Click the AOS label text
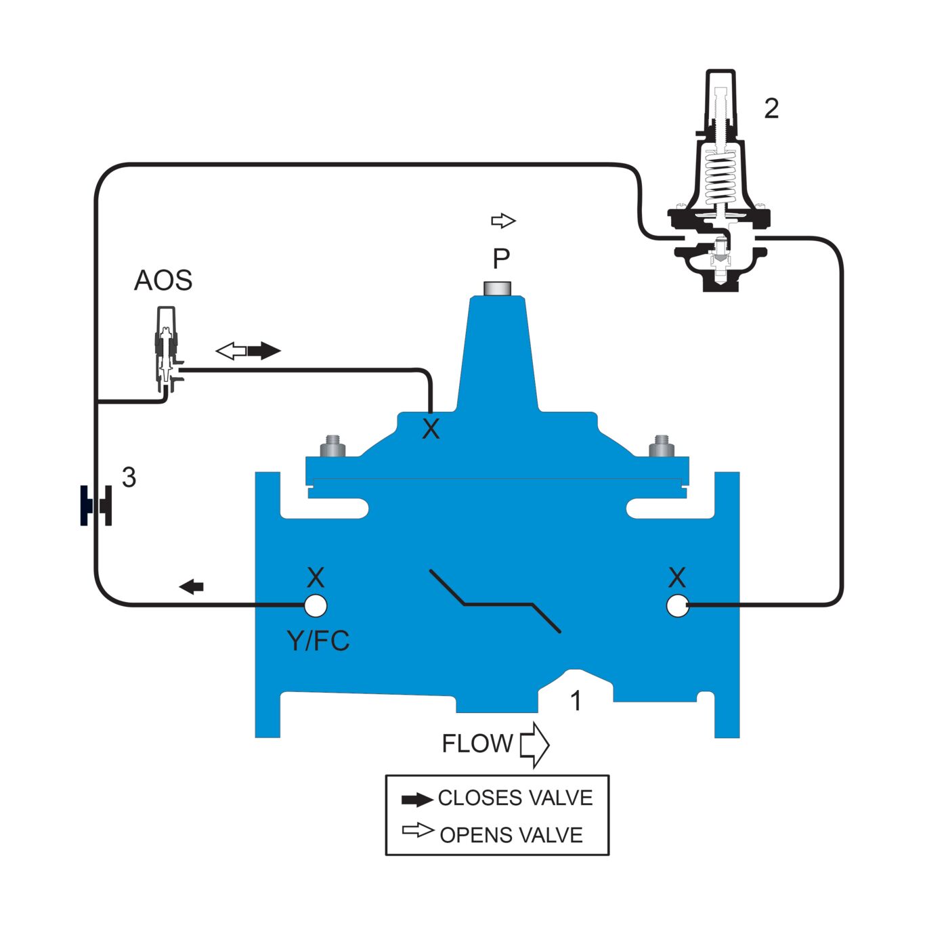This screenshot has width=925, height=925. (x=163, y=280)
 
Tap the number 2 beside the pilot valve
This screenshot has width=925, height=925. (x=771, y=108)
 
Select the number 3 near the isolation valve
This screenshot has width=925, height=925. (x=129, y=478)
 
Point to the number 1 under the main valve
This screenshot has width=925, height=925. (x=576, y=702)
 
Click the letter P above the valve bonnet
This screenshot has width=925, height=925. (x=501, y=259)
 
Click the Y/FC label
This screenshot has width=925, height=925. (x=318, y=641)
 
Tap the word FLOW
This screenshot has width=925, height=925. (x=477, y=744)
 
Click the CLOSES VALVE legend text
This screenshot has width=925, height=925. (x=515, y=798)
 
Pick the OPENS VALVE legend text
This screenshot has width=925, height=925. (x=511, y=835)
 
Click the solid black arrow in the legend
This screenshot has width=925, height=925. (x=416, y=800)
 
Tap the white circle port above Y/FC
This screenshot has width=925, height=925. (x=315, y=606)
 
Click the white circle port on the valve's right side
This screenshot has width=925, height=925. (x=677, y=606)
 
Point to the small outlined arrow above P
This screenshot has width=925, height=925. (x=503, y=221)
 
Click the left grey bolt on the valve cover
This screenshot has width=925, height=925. (x=332, y=446)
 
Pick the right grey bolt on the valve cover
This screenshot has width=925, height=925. (x=662, y=446)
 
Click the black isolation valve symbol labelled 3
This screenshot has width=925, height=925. (x=96, y=505)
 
